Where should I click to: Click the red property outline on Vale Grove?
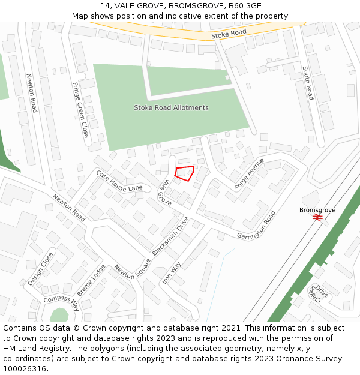coord(184,173)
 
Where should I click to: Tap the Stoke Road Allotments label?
coord(171,108)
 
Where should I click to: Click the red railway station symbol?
coord(317,218)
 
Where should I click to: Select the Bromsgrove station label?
coord(317,210)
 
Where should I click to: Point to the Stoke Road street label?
coord(229,35)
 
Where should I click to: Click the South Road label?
coord(308,83)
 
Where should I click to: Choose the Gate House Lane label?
coord(119,180)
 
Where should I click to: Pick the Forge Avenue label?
coord(250,174)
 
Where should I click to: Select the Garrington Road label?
coord(256,224)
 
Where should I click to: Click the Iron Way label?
coord(171,273)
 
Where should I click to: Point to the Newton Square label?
coord(131,277)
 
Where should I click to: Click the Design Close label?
coord(40,268)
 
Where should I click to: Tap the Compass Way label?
coord(61,300)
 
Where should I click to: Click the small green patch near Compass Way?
coord(59,315)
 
